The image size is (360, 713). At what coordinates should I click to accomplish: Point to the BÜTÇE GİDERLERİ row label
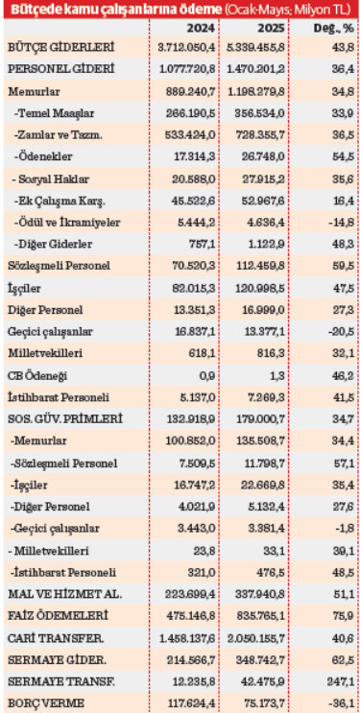click(x=60, y=48)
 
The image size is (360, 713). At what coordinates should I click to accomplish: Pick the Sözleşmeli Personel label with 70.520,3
click(x=59, y=265)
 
